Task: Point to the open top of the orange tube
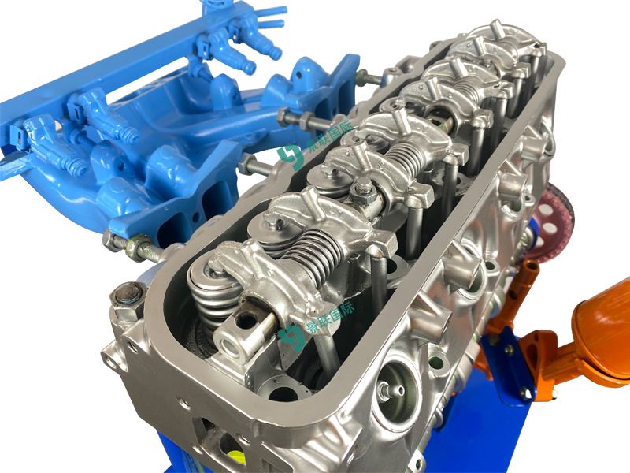[529, 266]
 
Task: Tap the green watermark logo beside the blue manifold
[289, 156]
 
